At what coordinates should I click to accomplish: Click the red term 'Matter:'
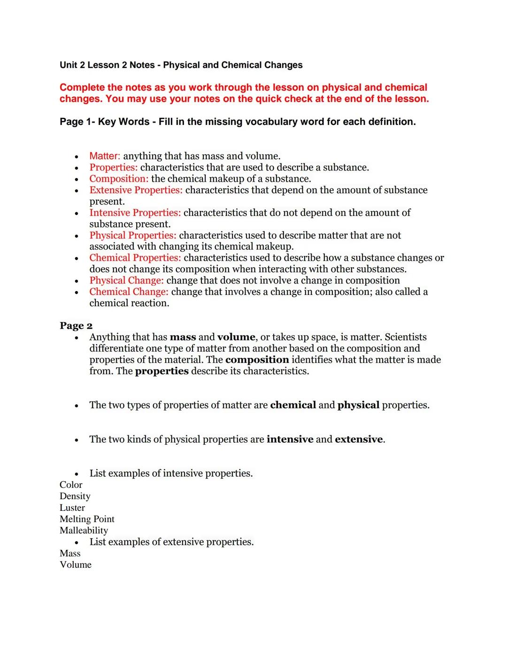105,156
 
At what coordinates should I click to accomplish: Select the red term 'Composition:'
119,179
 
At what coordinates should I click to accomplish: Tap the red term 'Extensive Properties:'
136,190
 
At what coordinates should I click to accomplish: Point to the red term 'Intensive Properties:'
135,213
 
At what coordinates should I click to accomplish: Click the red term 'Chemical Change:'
129,292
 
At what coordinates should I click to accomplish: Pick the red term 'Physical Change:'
126,280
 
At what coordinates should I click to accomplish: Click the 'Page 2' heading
76,326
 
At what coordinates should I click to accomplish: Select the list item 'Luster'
72,508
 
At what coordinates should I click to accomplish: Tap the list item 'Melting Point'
87,519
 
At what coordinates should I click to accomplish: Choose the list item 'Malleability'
84,530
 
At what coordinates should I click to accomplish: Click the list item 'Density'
75,496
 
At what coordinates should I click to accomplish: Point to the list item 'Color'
71,485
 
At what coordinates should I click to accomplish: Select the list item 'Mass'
70,553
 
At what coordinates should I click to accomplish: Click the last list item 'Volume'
76,564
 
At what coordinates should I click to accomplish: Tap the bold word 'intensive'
290,440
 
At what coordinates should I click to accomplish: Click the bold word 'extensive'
359,440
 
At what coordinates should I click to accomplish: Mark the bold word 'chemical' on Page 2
293,405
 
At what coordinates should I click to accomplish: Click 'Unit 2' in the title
72,65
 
